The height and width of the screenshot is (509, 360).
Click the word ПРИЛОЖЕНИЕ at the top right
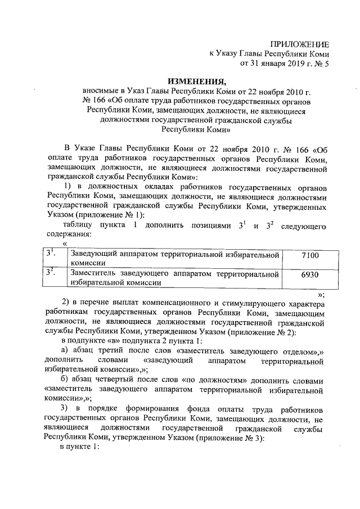[300, 44]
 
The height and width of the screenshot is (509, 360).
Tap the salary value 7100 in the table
[310, 256]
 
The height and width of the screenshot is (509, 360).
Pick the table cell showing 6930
[310, 274]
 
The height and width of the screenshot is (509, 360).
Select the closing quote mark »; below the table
[321, 294]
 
